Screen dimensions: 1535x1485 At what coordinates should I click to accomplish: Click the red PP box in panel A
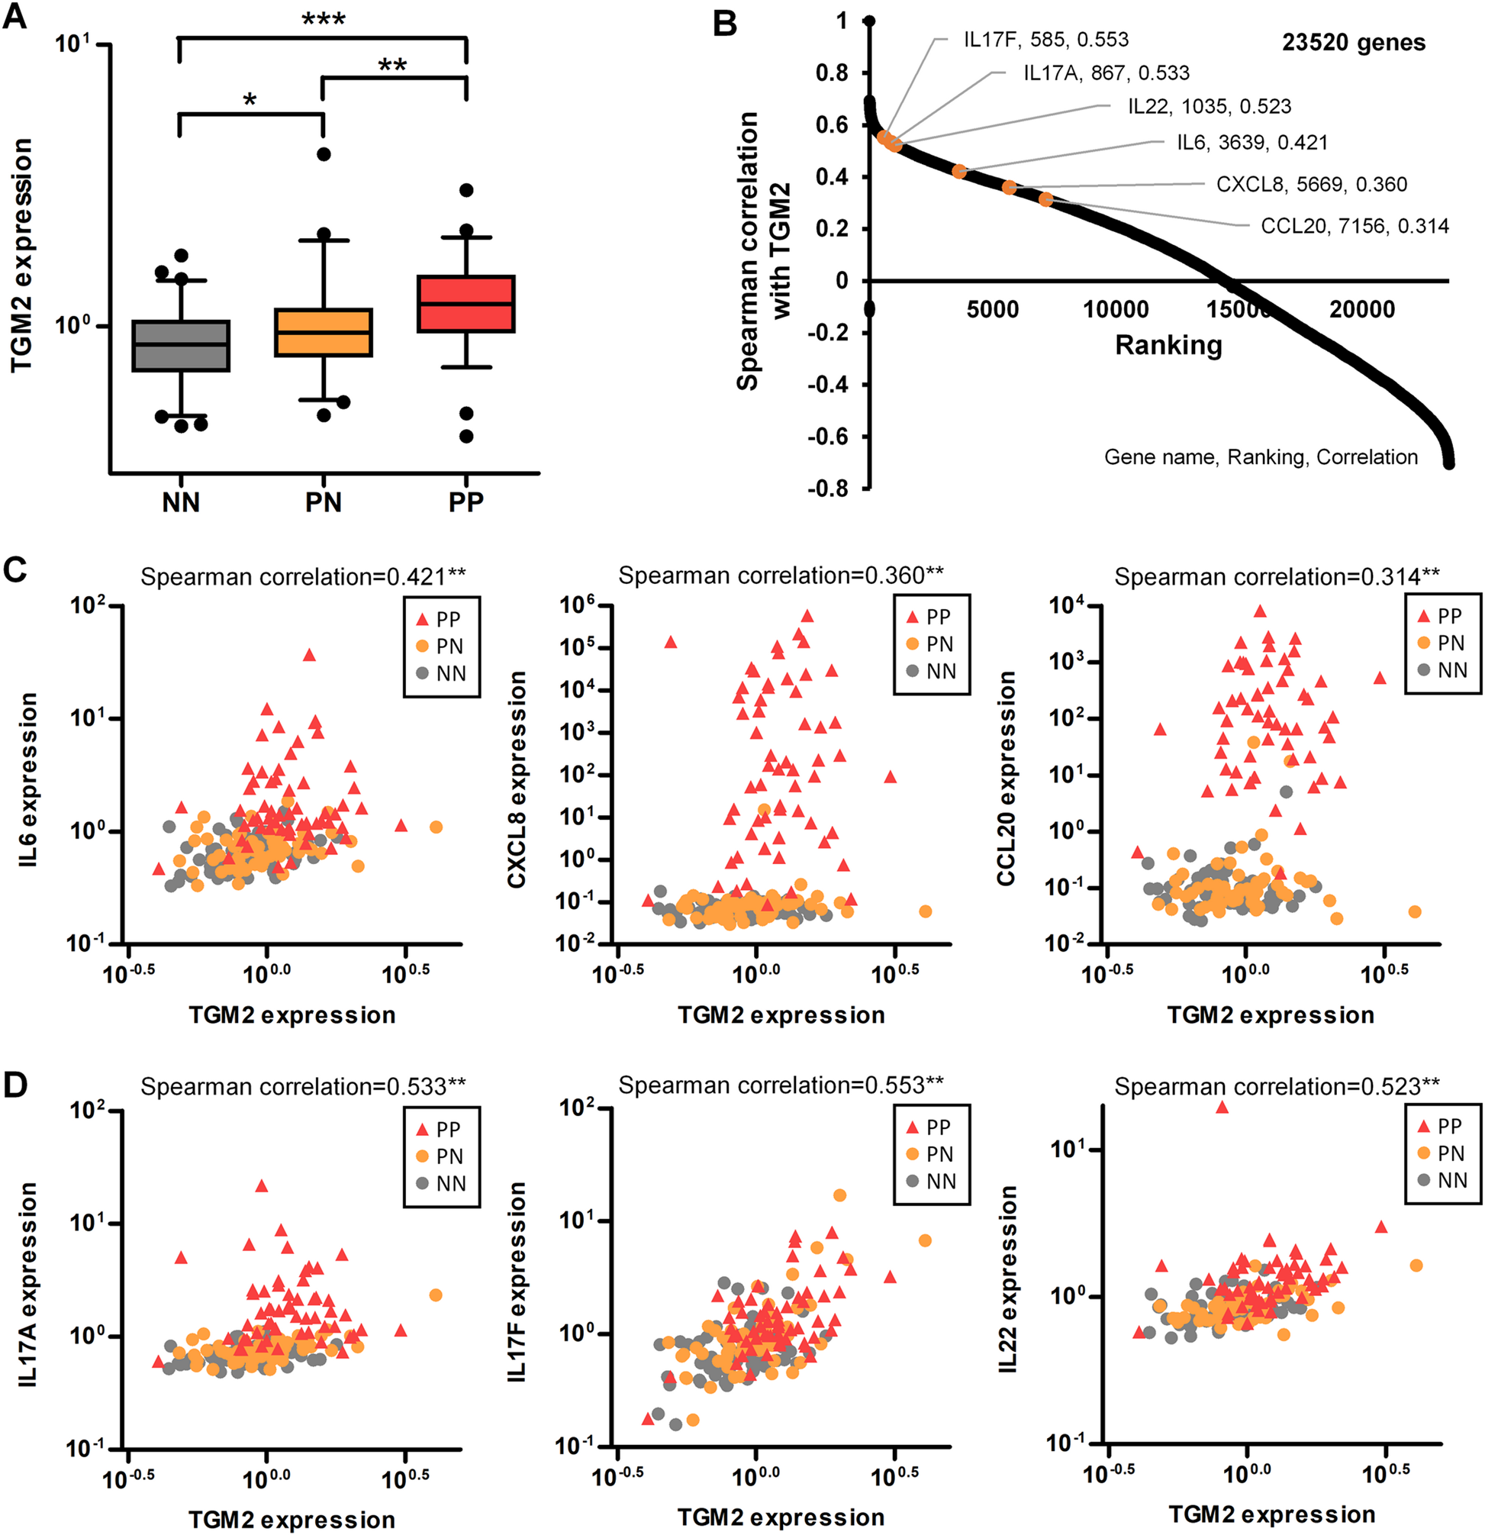click(465, 304)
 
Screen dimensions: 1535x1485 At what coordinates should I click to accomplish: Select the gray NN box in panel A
click(181, 345)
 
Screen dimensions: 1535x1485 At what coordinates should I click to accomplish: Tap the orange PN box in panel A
click(324, 333)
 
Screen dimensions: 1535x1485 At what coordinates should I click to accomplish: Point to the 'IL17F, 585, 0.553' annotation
click(1046, 40)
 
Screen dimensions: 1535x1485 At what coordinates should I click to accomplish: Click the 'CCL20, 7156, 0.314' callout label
click(1355, 227)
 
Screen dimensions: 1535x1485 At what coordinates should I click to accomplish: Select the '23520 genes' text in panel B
click(1354, 43)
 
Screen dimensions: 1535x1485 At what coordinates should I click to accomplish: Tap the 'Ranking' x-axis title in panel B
click(1168, 345)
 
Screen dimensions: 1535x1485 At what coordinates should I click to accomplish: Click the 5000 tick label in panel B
click(992, 310)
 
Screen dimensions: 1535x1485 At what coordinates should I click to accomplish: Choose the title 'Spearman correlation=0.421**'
click(303, 577)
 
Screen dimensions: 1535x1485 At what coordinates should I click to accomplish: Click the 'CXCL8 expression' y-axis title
click(517, 780)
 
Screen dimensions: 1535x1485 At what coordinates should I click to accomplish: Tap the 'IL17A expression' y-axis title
click(28, 1285)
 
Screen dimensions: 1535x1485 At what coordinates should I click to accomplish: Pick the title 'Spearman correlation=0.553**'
click(781, 1085)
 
